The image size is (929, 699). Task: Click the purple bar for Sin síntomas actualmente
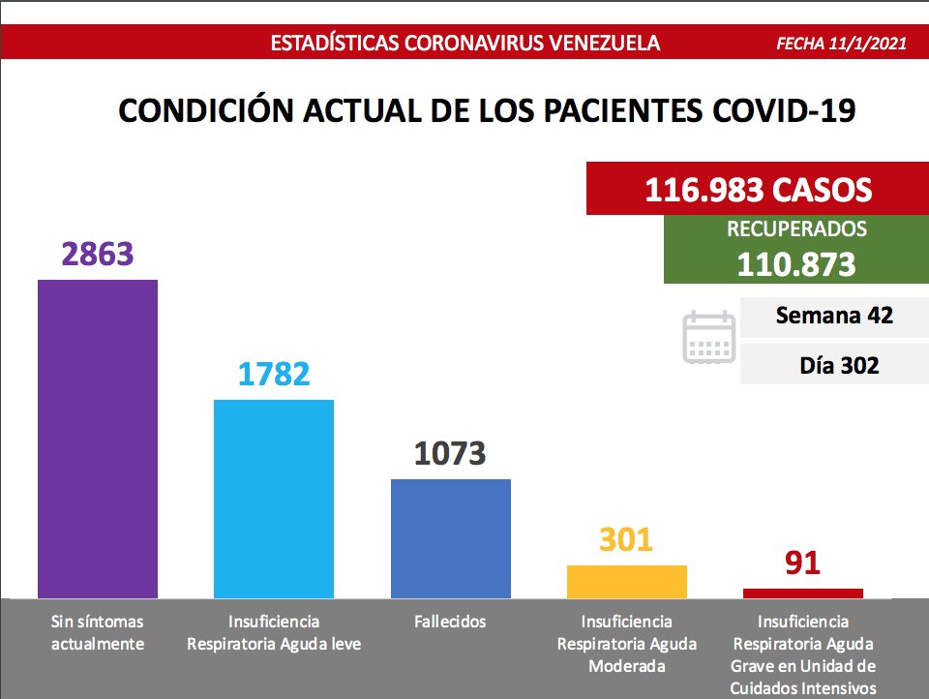(97, 438)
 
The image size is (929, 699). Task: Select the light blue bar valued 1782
(273, 499)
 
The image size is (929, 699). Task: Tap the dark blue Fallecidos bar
(450, 538)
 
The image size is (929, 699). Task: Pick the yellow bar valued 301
(626, 581)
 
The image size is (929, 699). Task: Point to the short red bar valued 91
(802, 593)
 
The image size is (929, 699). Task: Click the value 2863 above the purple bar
(97, 254)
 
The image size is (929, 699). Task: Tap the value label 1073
(450, 453)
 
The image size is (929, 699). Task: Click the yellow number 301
(626, 539)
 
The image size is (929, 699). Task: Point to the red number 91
(802, 562)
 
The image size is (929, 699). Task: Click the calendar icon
(709, 337)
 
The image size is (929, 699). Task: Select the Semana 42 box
(833, 316)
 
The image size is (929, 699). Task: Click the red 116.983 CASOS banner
(758, 189)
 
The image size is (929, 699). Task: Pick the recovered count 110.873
(795, 264)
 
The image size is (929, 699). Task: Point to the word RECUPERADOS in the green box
(795, 229)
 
